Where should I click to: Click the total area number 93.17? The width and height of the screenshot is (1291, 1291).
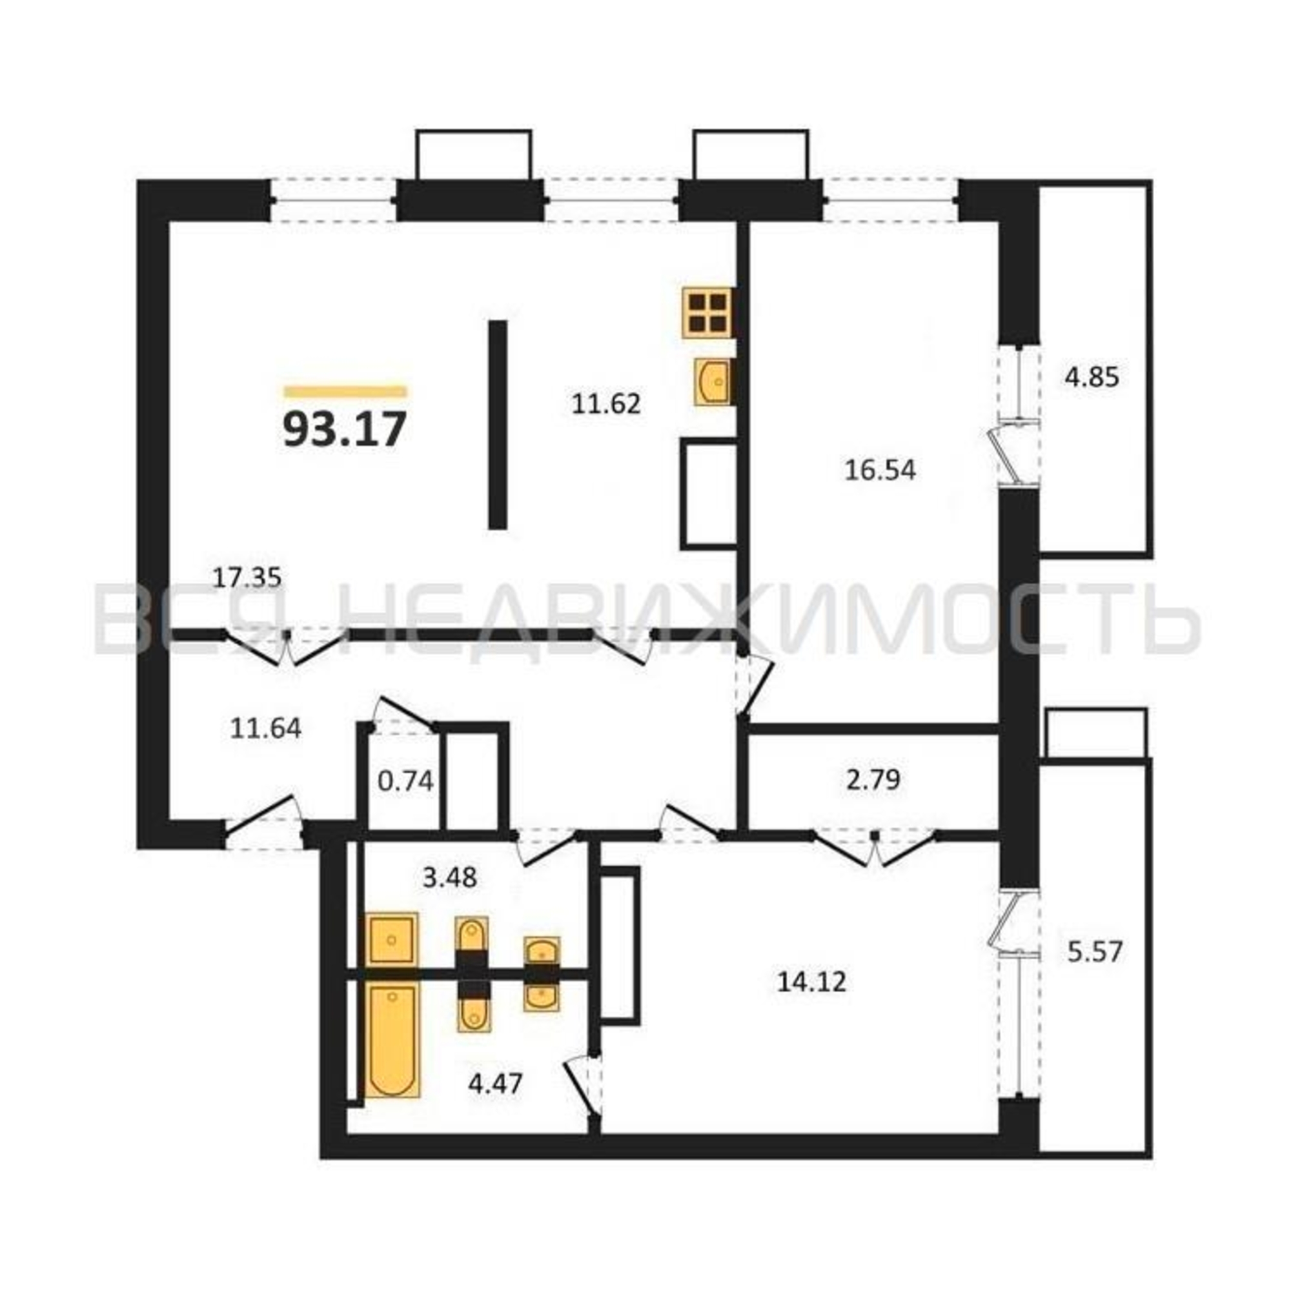pos(345,429)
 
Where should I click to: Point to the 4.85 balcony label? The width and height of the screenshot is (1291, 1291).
pos(1092,378)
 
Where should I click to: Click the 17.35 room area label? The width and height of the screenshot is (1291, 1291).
pos(247,577)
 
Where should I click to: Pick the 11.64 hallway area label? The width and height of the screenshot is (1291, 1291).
pos(265,728)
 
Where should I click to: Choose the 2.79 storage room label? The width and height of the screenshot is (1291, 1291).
pos(873,779)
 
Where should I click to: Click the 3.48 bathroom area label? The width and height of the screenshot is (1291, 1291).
pos(450,877)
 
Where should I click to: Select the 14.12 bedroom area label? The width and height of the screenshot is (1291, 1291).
pos(812,982)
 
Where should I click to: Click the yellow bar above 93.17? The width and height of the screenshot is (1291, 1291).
pos(345,392)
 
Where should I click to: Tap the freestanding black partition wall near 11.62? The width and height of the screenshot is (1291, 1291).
pos(497,425)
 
